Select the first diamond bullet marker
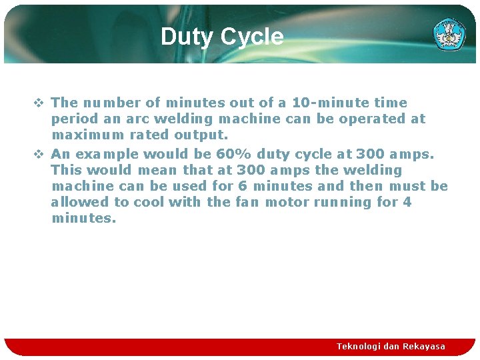coord(39,103)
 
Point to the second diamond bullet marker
coord(39,154)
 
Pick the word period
coord(73,119)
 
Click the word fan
coord(247,202)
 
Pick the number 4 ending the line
coord(407,202)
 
